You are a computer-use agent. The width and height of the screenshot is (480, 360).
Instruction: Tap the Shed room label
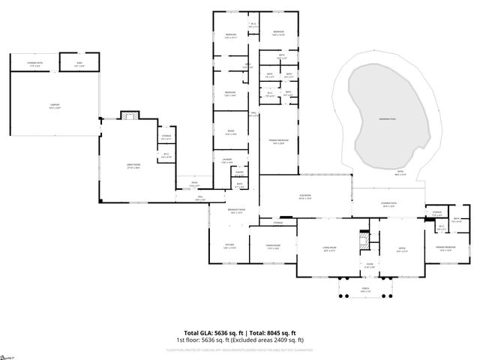pyautogui.click(x=79, y=65)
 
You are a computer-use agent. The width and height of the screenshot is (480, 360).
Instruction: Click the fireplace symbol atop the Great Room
pyautogui.click(x=130, y=115)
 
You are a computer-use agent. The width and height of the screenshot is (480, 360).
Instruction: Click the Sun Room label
pyautogui.click(x=305, y=197)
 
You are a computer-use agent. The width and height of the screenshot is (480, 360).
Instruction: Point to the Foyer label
pyautogui.click(x=369, y=265)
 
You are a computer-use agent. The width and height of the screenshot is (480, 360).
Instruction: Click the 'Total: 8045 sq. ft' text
pyautogui.click(x=271, y=332)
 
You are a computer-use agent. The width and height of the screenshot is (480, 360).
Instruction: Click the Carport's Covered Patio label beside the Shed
pyautogui.click(x=35, y=65)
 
